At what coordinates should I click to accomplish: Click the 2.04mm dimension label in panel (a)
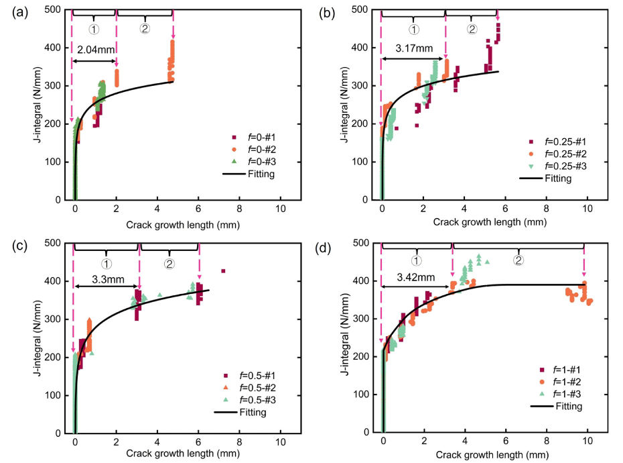96,50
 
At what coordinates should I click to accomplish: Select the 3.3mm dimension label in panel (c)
100,276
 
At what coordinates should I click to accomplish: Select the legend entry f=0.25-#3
560,165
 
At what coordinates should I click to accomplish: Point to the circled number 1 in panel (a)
94,29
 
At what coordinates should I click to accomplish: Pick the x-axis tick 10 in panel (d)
587,444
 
